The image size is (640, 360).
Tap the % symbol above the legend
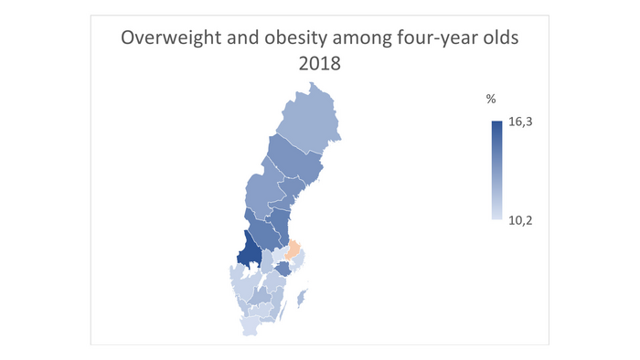[x=491, y=99]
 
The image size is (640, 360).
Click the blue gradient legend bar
[x=496, y=171]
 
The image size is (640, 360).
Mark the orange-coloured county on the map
[x=295, y=249]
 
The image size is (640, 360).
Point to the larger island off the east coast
[x=301, y=297]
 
